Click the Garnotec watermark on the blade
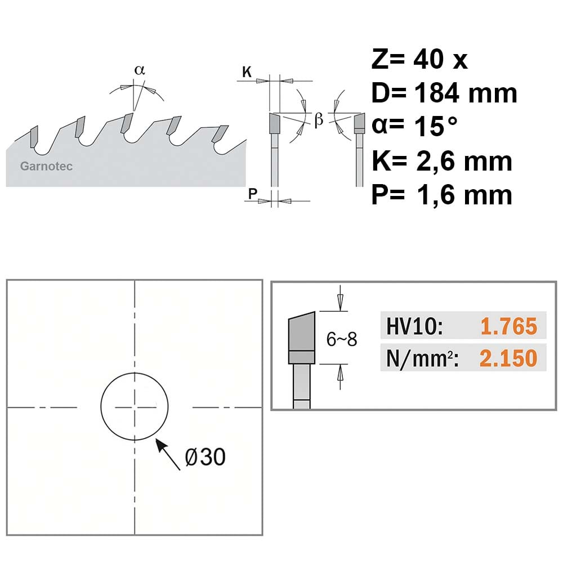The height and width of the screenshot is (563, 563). click(46, 166)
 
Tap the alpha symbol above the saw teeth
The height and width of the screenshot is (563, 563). click(139, 70)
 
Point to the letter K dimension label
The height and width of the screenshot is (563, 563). click(247, 72)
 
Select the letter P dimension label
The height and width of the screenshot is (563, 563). click(253, 194)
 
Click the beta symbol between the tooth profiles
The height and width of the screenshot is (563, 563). click(319, 119)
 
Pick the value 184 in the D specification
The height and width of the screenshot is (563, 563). click(437, 93)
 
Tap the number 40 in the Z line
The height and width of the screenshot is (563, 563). click(428, 59)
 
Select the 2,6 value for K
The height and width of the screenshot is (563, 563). click(437, 161)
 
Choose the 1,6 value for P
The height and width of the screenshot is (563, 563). click(437, 195)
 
